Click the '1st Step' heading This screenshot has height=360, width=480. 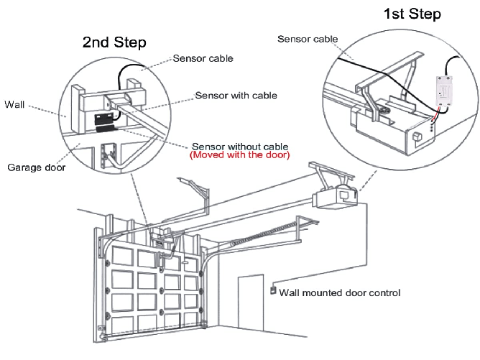pos(412,14)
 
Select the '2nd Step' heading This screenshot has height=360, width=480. pos(115,42)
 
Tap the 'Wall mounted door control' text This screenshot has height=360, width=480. pos(340,292)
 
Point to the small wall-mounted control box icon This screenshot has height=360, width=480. pos(272,290)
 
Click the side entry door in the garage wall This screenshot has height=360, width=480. pos(251,305)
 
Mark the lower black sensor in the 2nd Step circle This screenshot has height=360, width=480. pos(106,129)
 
